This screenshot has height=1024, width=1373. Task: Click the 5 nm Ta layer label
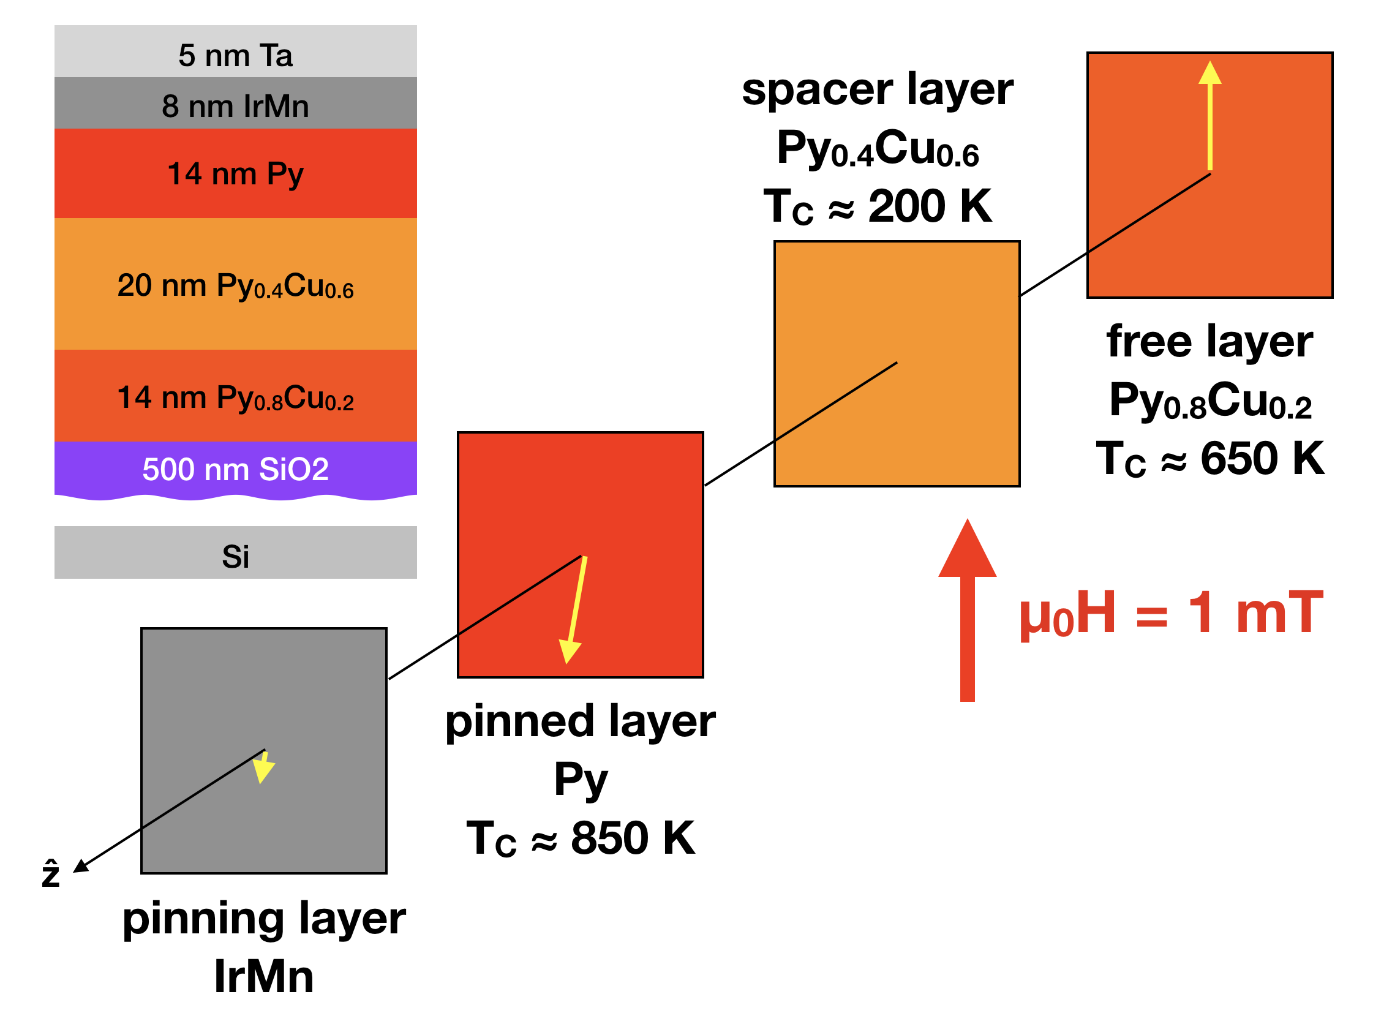(x=235, y=56)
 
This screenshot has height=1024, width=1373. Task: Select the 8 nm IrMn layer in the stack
(x=235, y=106)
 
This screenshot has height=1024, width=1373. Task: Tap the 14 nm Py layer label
(x=235, y=174)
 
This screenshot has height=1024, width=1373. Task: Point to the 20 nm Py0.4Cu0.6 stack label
(x=235, y=287)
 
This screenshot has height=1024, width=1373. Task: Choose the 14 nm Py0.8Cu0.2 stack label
(x=235, y=398)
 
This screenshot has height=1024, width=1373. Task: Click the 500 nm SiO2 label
(x=235, y=469)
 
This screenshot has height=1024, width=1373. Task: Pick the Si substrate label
(x=235, y=556)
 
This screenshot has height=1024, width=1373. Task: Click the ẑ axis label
(x=51, y=874)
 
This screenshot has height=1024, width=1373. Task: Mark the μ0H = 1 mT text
(x=1172, y=614)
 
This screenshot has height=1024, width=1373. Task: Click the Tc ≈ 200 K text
(x=877, y=206)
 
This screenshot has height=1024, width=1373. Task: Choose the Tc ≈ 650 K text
(x=1209, y=459)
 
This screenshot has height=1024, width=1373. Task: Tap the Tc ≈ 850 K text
(x=580, y=838)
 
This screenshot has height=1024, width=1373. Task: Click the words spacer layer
(x=877, y=90)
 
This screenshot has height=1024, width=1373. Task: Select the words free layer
(x=1209, y=342)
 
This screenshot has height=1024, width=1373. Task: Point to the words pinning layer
(x=264, y=919)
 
